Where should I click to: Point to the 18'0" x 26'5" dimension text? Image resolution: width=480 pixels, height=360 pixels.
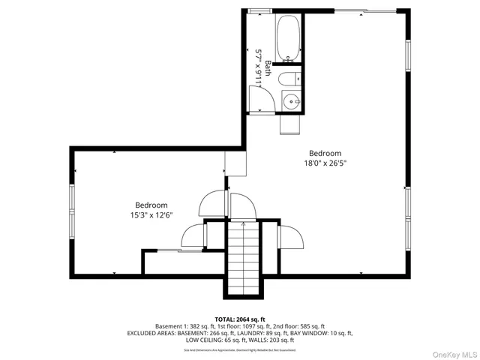coord(325,163)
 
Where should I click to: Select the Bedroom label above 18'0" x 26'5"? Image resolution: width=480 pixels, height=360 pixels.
coord(325,152)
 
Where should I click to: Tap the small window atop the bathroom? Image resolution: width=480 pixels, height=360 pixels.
coord(260,10)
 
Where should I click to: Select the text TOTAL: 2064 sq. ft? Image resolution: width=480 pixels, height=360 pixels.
coord(240,319)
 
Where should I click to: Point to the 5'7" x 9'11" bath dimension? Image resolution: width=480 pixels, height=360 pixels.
coord(259,67)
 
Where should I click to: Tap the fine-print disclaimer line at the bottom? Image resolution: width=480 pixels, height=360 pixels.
coord(240,349)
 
